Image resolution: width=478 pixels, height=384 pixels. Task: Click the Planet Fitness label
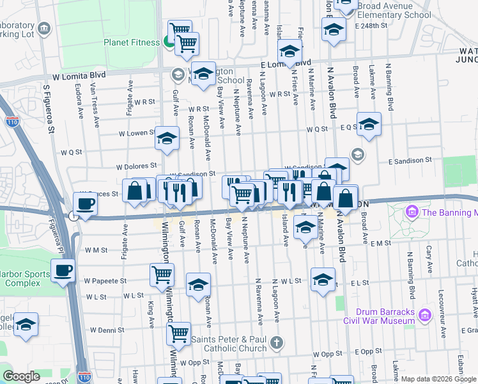[x=132, y=43]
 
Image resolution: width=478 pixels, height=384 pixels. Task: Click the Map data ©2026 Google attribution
[x=438, y=379]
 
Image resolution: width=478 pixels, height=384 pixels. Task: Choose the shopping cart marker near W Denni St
[x=178, y=333]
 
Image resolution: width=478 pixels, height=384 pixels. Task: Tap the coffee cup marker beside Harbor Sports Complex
[x=63, y=270]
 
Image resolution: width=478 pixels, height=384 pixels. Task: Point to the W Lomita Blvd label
[x=78, y=76]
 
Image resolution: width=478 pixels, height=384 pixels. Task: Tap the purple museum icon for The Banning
[x=412, y=211]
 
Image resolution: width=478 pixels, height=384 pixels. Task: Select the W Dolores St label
[x=137, y=166]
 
